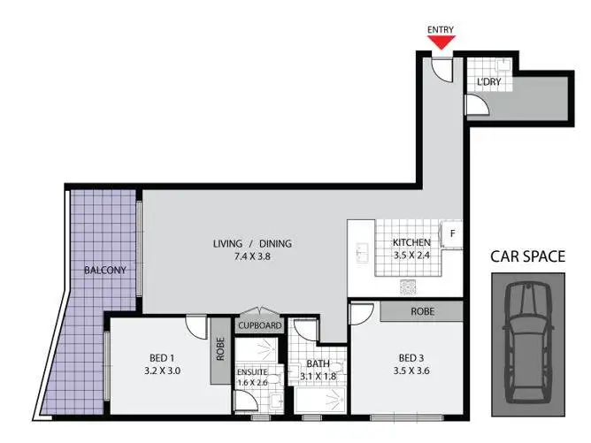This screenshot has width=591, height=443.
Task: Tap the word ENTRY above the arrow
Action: (441, 29)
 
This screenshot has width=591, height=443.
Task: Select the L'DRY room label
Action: (488, 82)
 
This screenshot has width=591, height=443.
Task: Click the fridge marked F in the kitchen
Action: (452, 234)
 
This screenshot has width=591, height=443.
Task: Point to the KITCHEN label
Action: (411, 242)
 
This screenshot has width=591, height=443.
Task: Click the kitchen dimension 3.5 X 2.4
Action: (411, 256)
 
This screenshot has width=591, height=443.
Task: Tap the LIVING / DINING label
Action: (252, 244)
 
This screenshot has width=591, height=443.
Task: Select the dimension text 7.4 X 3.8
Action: (252, 257)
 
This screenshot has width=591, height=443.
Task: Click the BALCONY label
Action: (104, 270)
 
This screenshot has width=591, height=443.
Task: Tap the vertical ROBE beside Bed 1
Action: (219, 349)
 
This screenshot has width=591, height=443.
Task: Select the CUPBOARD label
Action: (259, 325)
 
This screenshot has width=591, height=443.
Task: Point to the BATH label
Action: (316, 363)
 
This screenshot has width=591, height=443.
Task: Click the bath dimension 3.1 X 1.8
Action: (316, 377)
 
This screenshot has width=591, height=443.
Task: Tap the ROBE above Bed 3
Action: (421, 311)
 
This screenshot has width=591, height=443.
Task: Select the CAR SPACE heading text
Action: (527, 257)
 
